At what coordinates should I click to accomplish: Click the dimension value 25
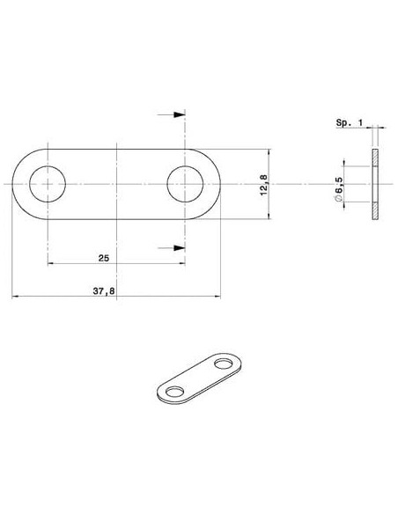[104, 258]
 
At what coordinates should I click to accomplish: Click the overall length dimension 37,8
[104, 290]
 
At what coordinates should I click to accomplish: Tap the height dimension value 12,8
[264, 185]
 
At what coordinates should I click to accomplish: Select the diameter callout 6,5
[339, 185]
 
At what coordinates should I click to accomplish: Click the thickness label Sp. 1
[350, 123]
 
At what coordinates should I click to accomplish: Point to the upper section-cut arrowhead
[180, 114]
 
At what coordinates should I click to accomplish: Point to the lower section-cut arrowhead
[180, 248]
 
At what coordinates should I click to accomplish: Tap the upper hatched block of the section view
[375, 158]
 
